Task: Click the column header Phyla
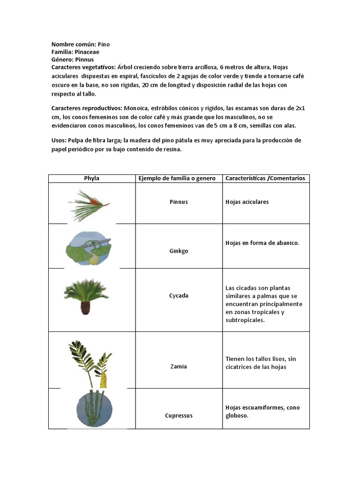pos(91,178)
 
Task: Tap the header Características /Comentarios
pos(265,178)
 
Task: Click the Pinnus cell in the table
pos(179,202)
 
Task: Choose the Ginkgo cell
pos(179,251)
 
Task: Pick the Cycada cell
pos(179,296)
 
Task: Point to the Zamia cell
pos(179,367)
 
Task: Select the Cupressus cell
pos(179,415)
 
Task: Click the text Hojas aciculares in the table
pos(247,202)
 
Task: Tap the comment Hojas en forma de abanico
pos(262,243)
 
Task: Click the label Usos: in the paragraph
pos(59,140)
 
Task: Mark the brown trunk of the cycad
pos(86,307)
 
